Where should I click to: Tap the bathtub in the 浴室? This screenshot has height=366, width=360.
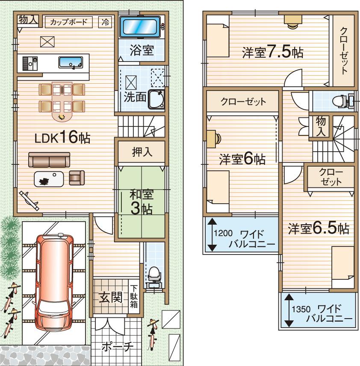click(x=139, y=27)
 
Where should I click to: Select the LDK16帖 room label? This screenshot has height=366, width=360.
click(x=62, y=138)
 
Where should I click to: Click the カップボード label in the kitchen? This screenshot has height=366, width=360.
click(x=68, y=22)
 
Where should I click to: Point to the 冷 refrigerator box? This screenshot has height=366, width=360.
click(x=104, y=22)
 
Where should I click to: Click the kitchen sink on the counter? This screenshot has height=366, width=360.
click(x=71, y=62)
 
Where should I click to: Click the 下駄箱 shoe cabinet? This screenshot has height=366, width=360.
click(x=134, y=297)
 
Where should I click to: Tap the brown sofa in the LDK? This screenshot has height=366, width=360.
click(x=49, y=160)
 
